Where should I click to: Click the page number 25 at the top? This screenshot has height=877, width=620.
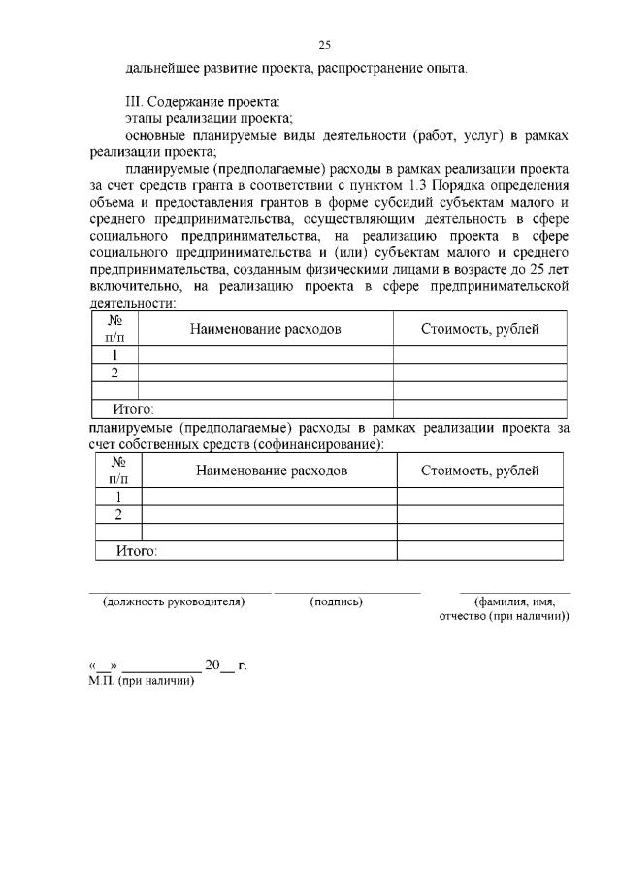point(325,45)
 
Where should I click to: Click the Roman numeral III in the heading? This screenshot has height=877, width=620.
point(135,101)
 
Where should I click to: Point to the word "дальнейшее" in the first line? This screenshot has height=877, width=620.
point(163,69)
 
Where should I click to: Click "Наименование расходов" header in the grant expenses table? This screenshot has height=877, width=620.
point(265,329)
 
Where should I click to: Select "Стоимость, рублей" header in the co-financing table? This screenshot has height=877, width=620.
point(479,471)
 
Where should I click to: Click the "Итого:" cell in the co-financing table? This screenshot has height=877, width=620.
point(136,551)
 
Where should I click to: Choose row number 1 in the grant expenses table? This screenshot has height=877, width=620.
point(114,354)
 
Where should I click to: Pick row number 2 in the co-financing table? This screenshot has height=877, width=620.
point(118,514)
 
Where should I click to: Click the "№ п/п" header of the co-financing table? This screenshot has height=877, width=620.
point(118,471)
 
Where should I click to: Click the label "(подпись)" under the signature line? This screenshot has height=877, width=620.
point(336,601)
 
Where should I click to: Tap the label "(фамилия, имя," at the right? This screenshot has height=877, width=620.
point(514,601)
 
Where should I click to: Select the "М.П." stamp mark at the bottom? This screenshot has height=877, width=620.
point(101,681)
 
